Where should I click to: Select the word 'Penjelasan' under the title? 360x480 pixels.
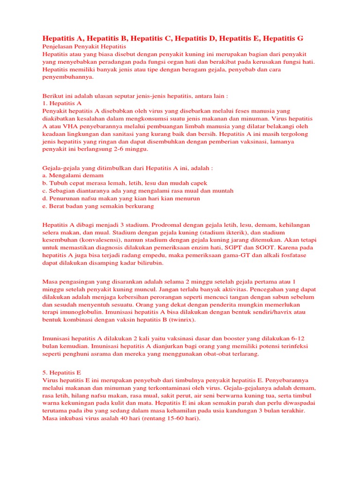(x=59, y=47)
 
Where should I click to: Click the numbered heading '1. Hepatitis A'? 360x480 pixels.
(x=62, y=103)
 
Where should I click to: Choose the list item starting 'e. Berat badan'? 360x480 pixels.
(x=98, y=206)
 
